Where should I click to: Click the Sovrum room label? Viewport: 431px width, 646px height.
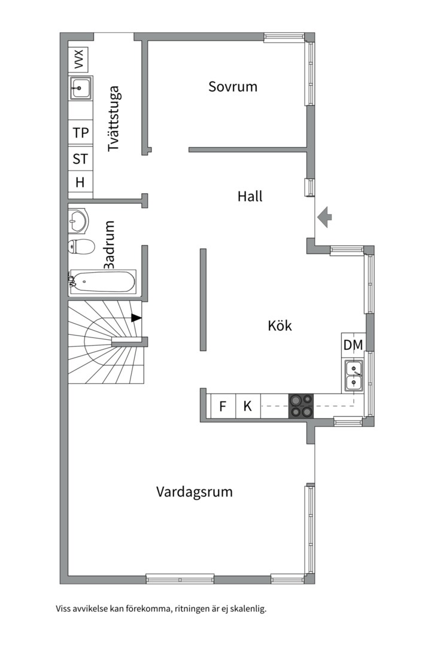tap(233, 86)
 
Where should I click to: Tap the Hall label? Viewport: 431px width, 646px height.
tap(250, 196)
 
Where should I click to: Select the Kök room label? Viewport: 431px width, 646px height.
tap(280, 326)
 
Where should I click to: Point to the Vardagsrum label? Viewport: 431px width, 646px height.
tap(195, 492)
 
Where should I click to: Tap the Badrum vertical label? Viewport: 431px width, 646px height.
tap(109, 245)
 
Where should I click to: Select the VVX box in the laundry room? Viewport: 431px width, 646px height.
tap(78, 59)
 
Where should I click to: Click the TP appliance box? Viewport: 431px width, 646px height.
tap(80, 133)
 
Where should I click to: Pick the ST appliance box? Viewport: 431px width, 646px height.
tap(80, 159)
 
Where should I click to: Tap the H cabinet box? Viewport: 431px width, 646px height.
tap(80, 182)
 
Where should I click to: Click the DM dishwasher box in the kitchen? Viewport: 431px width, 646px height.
tap(353, 345)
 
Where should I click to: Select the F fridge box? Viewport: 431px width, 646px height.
tap(223, 407)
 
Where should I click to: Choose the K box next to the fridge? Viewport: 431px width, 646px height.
tap(247, 407)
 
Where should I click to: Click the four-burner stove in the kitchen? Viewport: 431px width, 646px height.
tap(301, 406)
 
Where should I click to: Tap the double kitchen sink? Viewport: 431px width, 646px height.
tap(353, 376)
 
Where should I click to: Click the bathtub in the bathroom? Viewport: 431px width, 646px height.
tap(102, 281)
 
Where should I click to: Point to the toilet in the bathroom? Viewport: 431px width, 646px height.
tap(81, 246)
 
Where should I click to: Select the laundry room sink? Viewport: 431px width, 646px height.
tap(80, 88)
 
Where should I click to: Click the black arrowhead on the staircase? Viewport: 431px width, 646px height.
tap(136, 318)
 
